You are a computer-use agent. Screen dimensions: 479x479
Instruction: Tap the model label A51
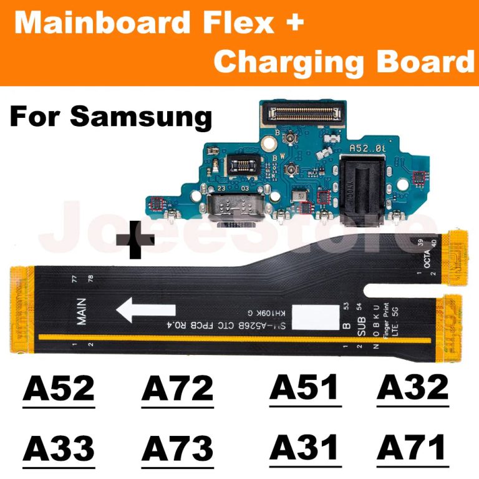tap(305, 387)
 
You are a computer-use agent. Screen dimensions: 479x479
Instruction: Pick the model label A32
tap(413, 387)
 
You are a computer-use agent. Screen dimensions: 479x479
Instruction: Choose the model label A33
tap(59, 448)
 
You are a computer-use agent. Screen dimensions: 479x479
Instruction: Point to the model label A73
tap(178, 448)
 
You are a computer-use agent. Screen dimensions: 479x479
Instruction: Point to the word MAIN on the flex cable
tap(82, 312)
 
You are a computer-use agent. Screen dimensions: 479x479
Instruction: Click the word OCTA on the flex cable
tap(427, 264)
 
